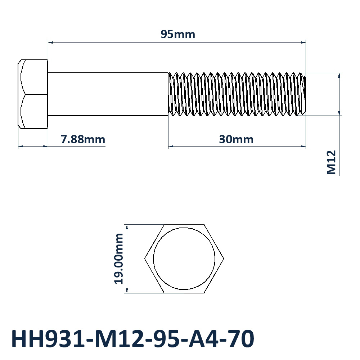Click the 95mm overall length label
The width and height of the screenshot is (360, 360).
tap(178, 35)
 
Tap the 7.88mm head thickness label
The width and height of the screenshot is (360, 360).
tap(83, 139)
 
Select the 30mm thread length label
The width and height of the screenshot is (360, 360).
tap(236, 139)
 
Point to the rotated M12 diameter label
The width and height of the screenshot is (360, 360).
tap(331, 162)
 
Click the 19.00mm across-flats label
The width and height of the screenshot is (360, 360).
tap(119, 258)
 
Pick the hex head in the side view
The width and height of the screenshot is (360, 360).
tap(33, 94)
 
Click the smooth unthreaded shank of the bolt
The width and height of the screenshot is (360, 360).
tap(108, 94)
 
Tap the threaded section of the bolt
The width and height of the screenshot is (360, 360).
tap(237, 94)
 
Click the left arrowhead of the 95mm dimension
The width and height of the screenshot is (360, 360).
tap(50, 42)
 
